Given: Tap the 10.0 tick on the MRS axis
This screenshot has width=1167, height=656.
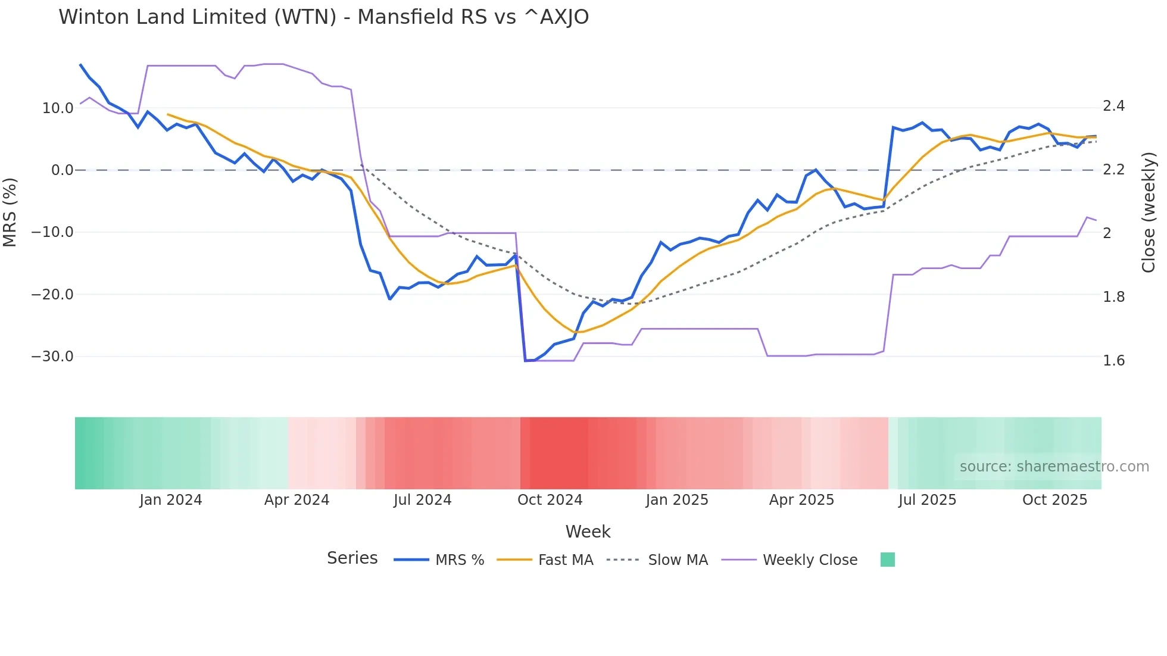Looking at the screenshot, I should [x=58, y=108].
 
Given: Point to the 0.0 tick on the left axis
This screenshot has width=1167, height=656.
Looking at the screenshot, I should [x=62, y=170].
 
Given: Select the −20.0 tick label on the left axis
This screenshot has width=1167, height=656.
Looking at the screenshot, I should [x=52, y=295].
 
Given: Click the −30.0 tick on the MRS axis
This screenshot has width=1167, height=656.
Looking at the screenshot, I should [x=52, y=357].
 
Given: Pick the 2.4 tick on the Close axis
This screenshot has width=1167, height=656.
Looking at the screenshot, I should [x=1113, y=106].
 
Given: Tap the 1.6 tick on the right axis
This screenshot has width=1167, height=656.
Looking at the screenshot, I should [x=1113, y=361].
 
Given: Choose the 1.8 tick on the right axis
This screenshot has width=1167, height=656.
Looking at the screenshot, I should [x=1113, y=297].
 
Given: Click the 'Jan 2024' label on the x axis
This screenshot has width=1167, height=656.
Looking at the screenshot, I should [x=171, y=500].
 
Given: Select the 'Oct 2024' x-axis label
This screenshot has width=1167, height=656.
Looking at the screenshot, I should [x=550, y=500].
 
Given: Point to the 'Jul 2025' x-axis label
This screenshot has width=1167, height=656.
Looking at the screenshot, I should [x=927, y=500].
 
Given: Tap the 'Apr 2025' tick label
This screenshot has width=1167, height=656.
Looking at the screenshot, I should [x=801, y=500].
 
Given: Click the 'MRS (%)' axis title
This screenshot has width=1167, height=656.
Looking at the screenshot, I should [x=10, y=213].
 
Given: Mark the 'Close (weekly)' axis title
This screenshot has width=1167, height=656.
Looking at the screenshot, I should [x=1149, y=213].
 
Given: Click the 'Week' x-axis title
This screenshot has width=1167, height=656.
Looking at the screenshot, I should [x=588, y=532].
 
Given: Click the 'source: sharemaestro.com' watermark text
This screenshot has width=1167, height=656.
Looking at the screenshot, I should [x=1054, y=467].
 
